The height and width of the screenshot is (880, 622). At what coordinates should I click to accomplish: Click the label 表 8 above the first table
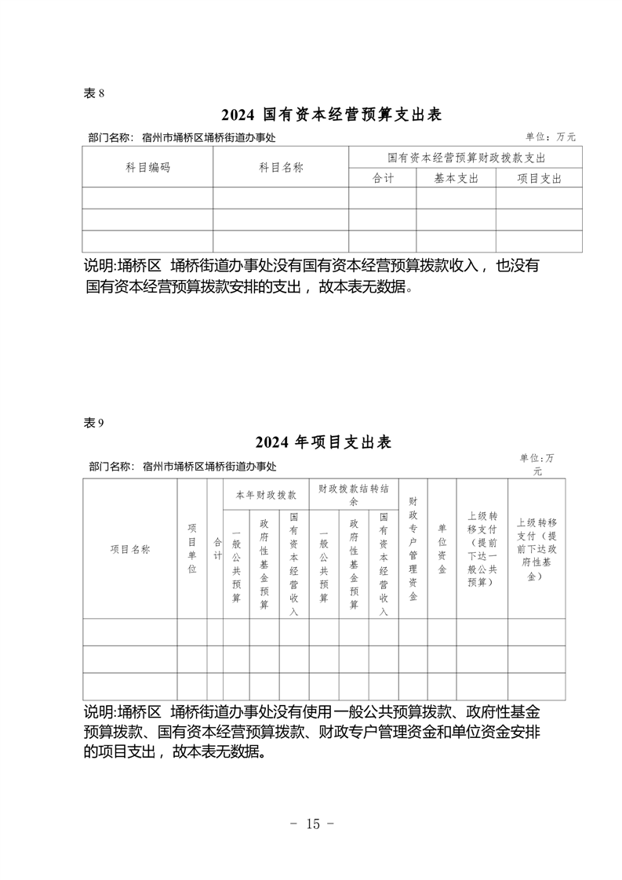pyautogui.click(x=93, y=93)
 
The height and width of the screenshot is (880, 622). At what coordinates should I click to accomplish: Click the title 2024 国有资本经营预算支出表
pyautogui.click(x=332, y=115)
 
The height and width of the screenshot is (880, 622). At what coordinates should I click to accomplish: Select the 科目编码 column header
pyautogui.click(x=147, y=168)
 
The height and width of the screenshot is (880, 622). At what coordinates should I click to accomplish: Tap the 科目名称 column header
pyautogui.click(x=281, y=168)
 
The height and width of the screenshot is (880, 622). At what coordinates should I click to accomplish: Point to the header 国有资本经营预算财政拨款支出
pyautogui.click(x=466, y=158)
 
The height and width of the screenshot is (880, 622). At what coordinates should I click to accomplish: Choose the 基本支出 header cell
pyautogui.click(x=456, y=178)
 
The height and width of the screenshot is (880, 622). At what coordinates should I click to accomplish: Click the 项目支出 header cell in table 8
pyautogui.click(x=539, y=178)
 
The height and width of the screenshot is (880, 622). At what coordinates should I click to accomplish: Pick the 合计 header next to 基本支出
pyautogui.click(x=383, y=178)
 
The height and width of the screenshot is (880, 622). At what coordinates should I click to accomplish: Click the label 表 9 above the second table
pyautogui.click(x=93, y=422)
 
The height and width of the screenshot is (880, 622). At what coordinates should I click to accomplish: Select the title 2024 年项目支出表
pyautogui.click(x=323, y=442)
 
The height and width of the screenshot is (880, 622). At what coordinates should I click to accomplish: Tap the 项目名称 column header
pyautogui.click(x=130, y=549)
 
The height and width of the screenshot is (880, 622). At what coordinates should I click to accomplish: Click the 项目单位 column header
pyautogui.click(x=192, y=549)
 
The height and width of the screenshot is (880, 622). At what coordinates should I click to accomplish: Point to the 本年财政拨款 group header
pyautogui.click(x=266, y=495)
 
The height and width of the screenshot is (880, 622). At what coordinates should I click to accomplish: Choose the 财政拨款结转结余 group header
pyautogui.click(x=354, y=494)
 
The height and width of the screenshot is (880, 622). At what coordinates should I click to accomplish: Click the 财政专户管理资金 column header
pyautogui.click(x=413, y=549)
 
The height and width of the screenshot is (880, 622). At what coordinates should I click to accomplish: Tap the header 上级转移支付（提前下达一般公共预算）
pyautogui.click(x=482, y=549)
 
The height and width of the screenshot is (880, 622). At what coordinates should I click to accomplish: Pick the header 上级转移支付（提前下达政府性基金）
pyautogui.click(x=537, y=549)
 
